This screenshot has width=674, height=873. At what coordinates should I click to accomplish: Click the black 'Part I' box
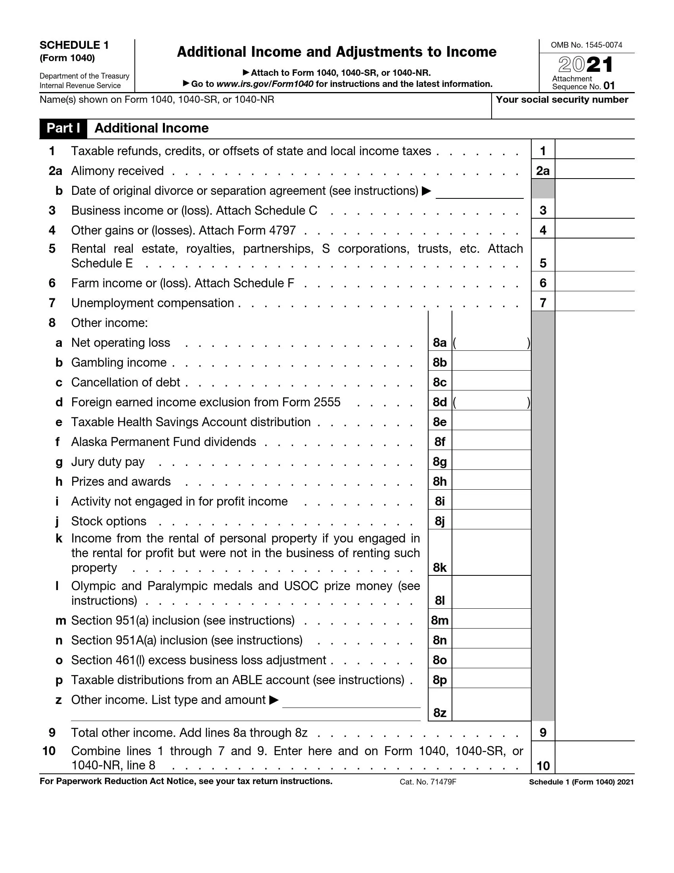(x=63, y=128)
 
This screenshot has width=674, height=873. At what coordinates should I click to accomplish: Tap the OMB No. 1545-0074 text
(x=586, y=45)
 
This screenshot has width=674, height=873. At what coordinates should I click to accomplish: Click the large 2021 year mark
(x=585, y=65)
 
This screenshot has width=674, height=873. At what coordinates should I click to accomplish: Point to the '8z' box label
(x=440, y=713)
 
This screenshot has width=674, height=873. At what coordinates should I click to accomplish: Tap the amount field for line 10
(x=594, y=759)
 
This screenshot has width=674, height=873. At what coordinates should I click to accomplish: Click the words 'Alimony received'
(x=117, y=171)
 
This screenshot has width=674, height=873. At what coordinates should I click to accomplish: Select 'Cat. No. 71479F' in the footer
(x=428, y=782)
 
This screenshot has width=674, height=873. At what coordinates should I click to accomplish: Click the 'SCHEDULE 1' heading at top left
(x=74, y=45)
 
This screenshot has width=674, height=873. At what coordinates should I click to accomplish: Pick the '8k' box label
(x=440, y=567)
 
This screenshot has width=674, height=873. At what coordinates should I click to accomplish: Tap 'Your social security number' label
(x=562, y=100)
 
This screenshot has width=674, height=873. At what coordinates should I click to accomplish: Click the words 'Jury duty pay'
(x=108, y=461)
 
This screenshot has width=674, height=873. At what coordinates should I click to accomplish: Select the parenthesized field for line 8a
(x=491, y=342)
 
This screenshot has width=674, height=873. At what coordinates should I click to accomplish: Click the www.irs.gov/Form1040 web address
(x=264, y=84)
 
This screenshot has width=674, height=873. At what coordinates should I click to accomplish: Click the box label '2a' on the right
(x=543, y=171)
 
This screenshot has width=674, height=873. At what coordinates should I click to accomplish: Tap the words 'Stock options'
(x=109, y=521)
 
